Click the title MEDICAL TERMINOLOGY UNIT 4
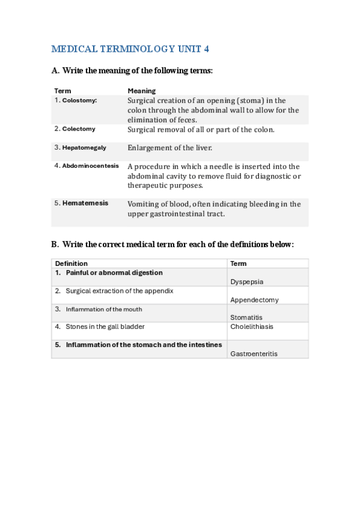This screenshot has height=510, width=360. click(130, 49)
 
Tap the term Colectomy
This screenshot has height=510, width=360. click(79, 129)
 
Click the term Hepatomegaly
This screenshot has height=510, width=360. click(84, 147)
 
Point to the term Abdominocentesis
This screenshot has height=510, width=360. click(90, 165)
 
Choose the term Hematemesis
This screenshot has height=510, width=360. click(85, 203)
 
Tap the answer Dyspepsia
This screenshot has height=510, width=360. click(246, 281)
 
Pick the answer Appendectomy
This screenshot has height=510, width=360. click(254, 300)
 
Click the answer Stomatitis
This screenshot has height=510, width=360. click(246, 318)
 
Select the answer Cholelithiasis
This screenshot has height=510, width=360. click(251, 327)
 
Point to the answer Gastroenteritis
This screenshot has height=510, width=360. click(254, 354)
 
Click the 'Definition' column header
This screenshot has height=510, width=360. click(71, 263)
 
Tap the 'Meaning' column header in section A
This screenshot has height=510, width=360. click(141, 91)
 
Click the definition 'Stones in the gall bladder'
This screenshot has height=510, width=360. click(105, 327)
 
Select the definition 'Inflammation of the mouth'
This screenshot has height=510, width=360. click(104, 309)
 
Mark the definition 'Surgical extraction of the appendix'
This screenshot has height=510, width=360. click(119, 291)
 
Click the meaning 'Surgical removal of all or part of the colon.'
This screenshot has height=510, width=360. click(201, 129)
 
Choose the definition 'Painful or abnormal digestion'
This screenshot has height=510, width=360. click(114, 272)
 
